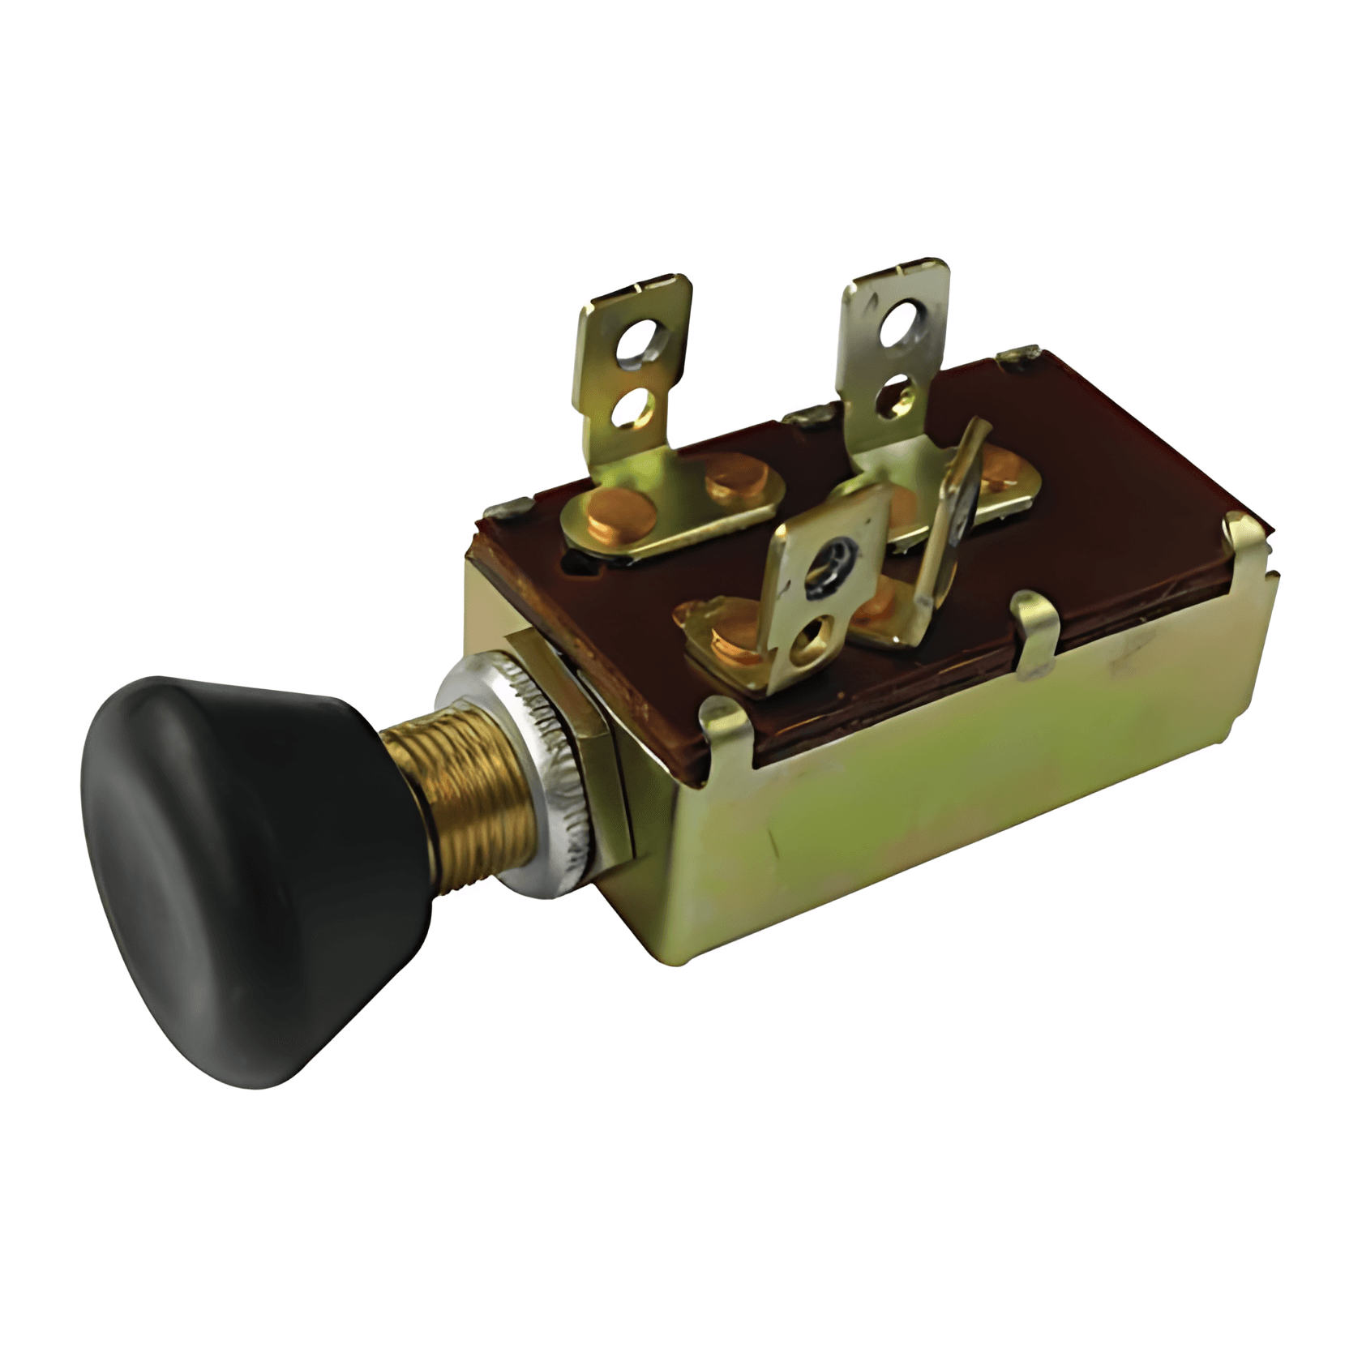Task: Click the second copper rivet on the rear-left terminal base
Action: point(734,478)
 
